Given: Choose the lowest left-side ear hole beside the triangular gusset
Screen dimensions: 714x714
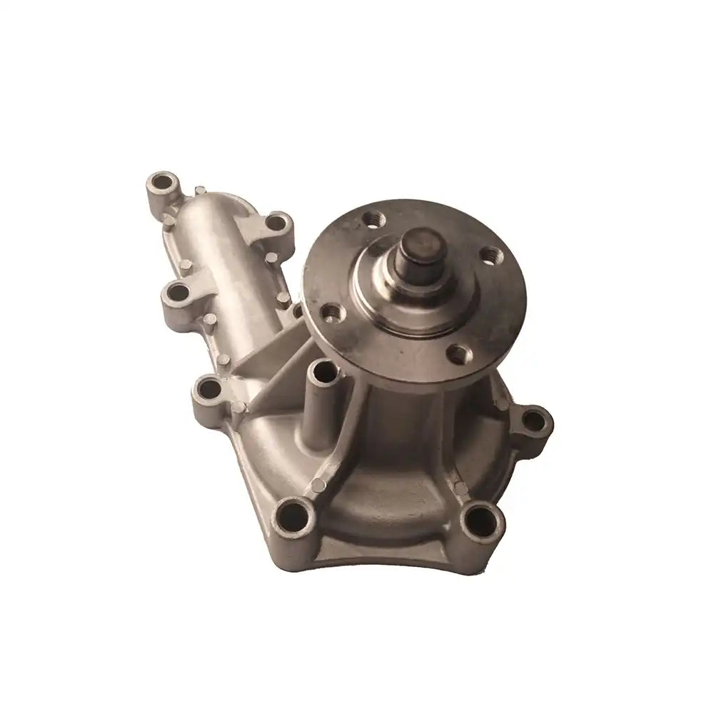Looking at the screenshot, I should [210, 389].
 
